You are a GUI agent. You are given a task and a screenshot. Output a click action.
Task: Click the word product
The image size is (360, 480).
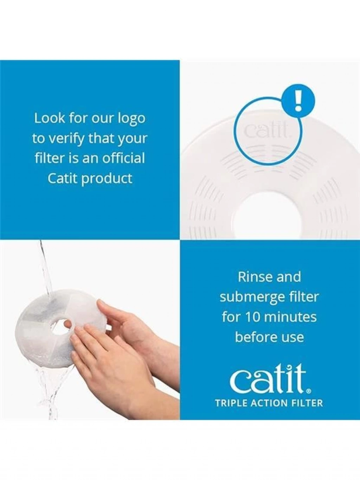108,179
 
